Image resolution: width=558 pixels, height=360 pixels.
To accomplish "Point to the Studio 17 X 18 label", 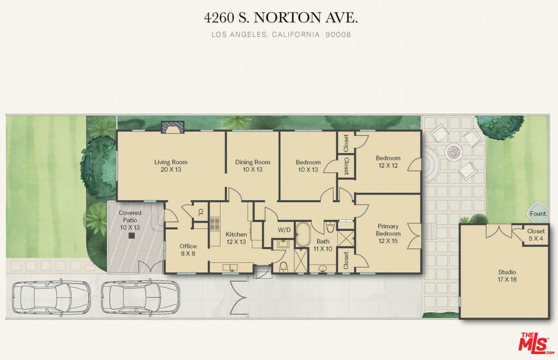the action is [x=507, y=276].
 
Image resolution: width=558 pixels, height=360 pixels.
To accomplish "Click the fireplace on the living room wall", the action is [x=173, y=127].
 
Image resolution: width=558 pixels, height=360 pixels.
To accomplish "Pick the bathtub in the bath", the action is [x=303, y=234].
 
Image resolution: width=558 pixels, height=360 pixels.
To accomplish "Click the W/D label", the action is [x=284, y=230].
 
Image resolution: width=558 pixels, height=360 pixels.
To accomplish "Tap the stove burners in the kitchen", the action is [x=215, y=224].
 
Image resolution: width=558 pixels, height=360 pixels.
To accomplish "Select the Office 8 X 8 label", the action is [x=188, y=250].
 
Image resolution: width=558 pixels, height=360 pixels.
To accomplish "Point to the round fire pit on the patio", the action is [x=453, y=152].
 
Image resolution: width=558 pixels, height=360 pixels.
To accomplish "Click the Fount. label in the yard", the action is [x=538, y=214].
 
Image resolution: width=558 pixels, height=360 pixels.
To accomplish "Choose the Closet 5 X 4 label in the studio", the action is [x=536, y=235].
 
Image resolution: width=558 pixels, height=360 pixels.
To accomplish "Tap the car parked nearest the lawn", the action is [x=51, y=297].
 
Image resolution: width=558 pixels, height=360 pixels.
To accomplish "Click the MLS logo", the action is [x=536, y=343].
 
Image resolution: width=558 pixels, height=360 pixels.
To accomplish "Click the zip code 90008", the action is [x=338, y=34].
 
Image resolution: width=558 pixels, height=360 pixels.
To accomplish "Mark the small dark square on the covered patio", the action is [x=132, y=235].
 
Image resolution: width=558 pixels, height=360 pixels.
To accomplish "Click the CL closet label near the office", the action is [x=201, y=212].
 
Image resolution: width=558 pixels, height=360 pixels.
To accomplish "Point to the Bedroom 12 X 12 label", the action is [x=388, y=162].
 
